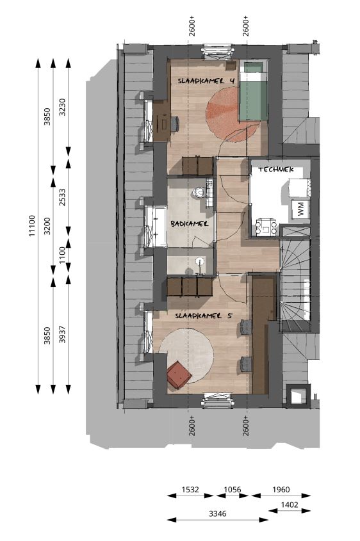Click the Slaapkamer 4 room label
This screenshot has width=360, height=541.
206,81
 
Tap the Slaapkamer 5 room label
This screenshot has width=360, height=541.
204,316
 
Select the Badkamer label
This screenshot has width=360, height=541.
190,224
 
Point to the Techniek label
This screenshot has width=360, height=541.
276,170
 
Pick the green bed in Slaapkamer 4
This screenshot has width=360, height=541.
254,91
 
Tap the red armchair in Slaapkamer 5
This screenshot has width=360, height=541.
179,375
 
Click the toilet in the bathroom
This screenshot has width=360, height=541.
199,193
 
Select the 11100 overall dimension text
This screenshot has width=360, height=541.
32,225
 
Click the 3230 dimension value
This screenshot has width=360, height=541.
63,108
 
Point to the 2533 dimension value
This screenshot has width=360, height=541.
63,197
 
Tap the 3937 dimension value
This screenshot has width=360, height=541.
63,334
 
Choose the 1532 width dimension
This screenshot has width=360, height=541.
190,490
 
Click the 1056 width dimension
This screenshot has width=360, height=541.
233,490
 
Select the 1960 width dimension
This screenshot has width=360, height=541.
281,490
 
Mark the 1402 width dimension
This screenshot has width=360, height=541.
290,505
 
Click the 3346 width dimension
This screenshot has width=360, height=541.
218,513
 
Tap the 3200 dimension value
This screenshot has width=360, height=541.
47,226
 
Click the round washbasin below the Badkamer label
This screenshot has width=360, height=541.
200,261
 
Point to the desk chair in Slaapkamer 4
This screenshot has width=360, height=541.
175,124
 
